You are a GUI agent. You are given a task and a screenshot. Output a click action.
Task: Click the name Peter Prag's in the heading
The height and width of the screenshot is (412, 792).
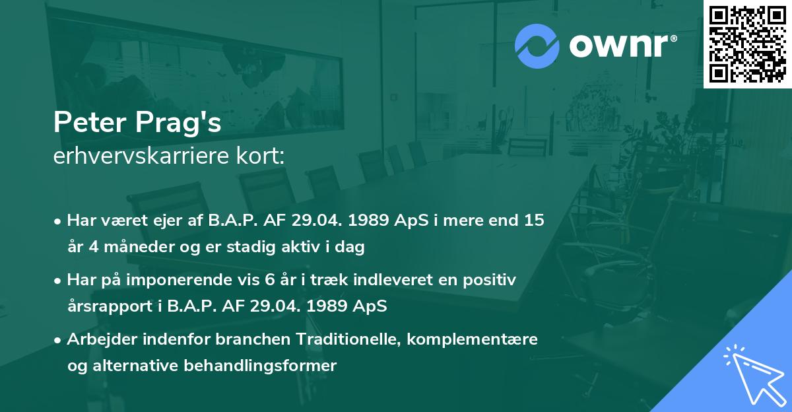[137, 123]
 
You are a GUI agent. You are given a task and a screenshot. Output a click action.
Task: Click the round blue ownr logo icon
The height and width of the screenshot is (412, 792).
[537, 46]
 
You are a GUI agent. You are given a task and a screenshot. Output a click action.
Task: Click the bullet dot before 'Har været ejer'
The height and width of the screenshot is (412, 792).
[59, 221]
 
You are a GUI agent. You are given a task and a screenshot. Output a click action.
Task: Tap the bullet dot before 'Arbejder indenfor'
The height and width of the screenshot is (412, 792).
[59, 340]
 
